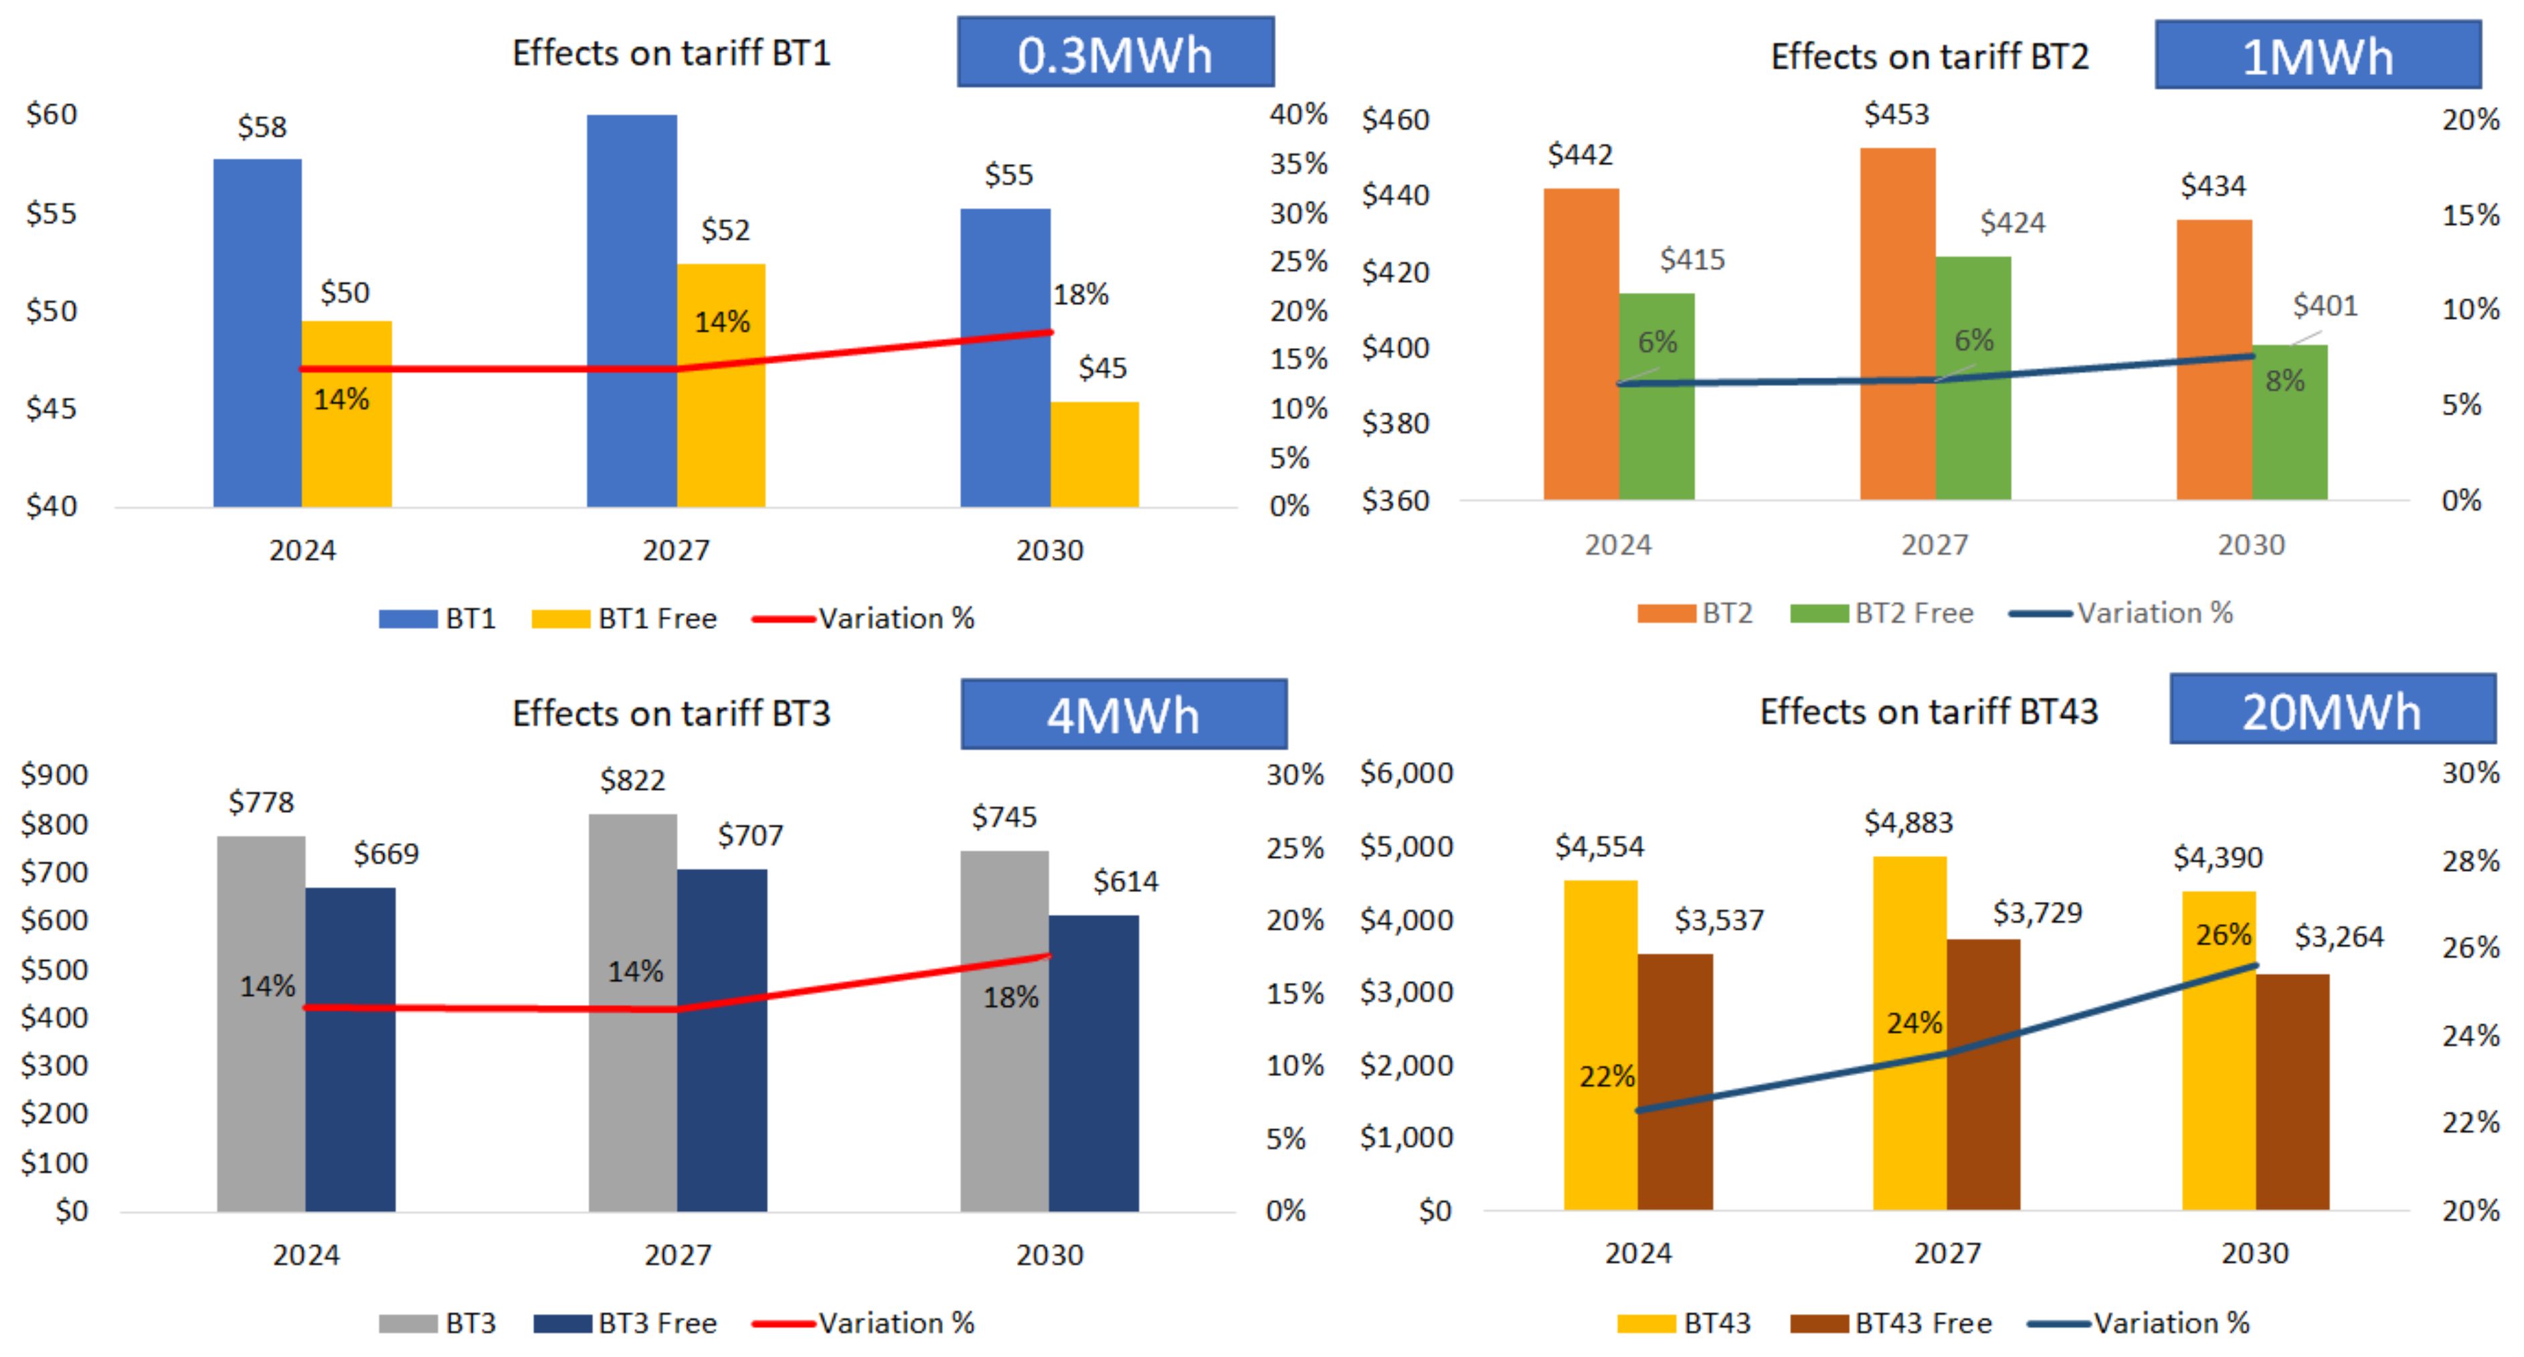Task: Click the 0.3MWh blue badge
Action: [x=1115, y=53]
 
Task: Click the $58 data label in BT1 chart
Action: [x=262, y=126]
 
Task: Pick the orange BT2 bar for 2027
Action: [x=1897, y=323]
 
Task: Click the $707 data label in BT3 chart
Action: [x=749, y=835]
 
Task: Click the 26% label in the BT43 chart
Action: [x=2222, y=933]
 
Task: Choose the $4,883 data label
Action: [x=1908, y=822]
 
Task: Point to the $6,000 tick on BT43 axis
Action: [x=1405, y=772]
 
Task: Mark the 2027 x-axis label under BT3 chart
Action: [x=677, y=1254]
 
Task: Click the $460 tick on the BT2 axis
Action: [x=1394, y=120]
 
